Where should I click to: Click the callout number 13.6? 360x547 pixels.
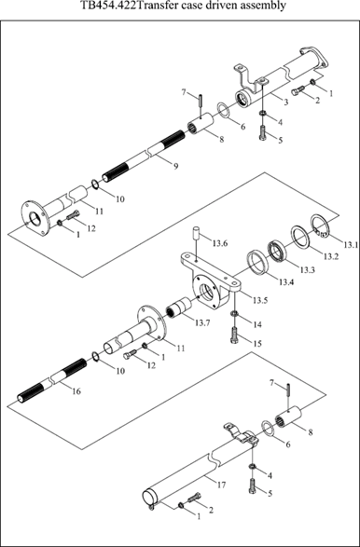[220, 243]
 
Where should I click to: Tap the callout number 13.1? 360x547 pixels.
[351, 245]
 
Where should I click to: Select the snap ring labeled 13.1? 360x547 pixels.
[320, 226]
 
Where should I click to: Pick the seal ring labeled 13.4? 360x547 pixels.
[258, 263]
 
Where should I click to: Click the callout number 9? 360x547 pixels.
[175, 166]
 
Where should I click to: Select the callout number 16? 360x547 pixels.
[76, 391]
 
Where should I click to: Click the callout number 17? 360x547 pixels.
[221, 485]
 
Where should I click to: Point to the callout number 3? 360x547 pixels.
[286, 102]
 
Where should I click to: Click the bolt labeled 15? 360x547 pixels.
[235, 335]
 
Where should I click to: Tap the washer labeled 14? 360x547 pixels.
[235, 313]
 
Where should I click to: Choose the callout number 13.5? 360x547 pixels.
[260, 300]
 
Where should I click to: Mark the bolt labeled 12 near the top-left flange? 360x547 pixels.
[73, 215]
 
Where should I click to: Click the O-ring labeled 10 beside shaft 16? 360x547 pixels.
[95, 357]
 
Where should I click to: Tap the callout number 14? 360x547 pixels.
[257, 324]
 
